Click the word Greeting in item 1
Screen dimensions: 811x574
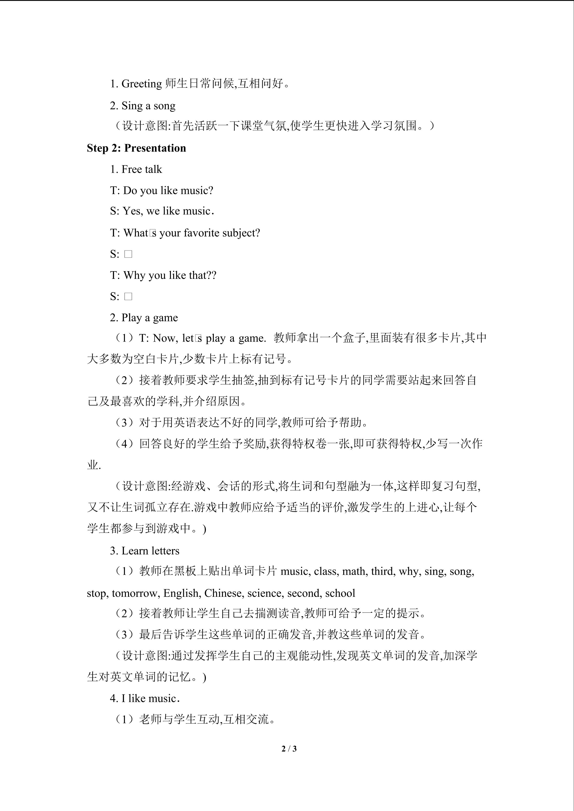141,84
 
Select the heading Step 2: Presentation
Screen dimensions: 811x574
136,148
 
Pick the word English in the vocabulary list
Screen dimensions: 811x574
182,593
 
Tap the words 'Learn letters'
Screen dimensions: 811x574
150,551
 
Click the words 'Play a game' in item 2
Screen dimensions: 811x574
149,318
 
